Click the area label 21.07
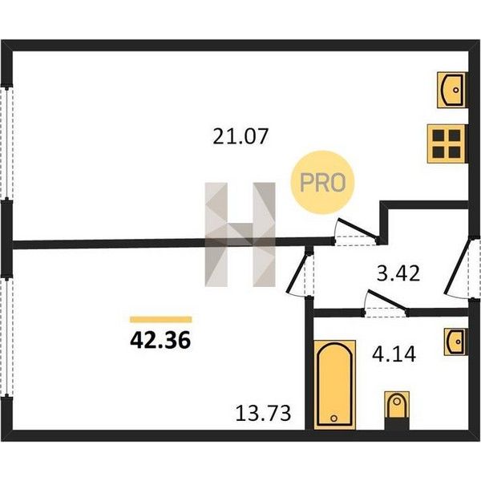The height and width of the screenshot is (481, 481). coord(240,137)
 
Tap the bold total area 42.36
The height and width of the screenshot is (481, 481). coord(160,341)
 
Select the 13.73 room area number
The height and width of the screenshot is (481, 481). coord(263,413)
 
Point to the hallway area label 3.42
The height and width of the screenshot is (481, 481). coord(398,273)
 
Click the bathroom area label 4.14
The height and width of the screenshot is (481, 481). coord(394,354)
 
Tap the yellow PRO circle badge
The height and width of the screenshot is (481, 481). coord(322,182)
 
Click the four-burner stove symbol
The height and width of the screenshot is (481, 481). coord(447,143)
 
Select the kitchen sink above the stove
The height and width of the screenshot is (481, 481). coord(451,90)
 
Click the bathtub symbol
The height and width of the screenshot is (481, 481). coord(334,385)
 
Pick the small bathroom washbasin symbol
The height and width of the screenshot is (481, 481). coord(455,342)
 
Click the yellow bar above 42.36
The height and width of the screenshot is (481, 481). coord(161,319)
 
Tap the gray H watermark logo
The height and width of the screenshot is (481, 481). coord(240,235)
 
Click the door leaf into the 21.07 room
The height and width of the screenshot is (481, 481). coord(358,228)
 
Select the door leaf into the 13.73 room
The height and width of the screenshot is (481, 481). coord(297,272)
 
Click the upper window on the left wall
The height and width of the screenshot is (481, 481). coord(6,143)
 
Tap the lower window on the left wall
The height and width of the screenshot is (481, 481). coord(6,337)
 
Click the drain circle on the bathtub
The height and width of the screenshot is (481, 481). coord(334,418)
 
